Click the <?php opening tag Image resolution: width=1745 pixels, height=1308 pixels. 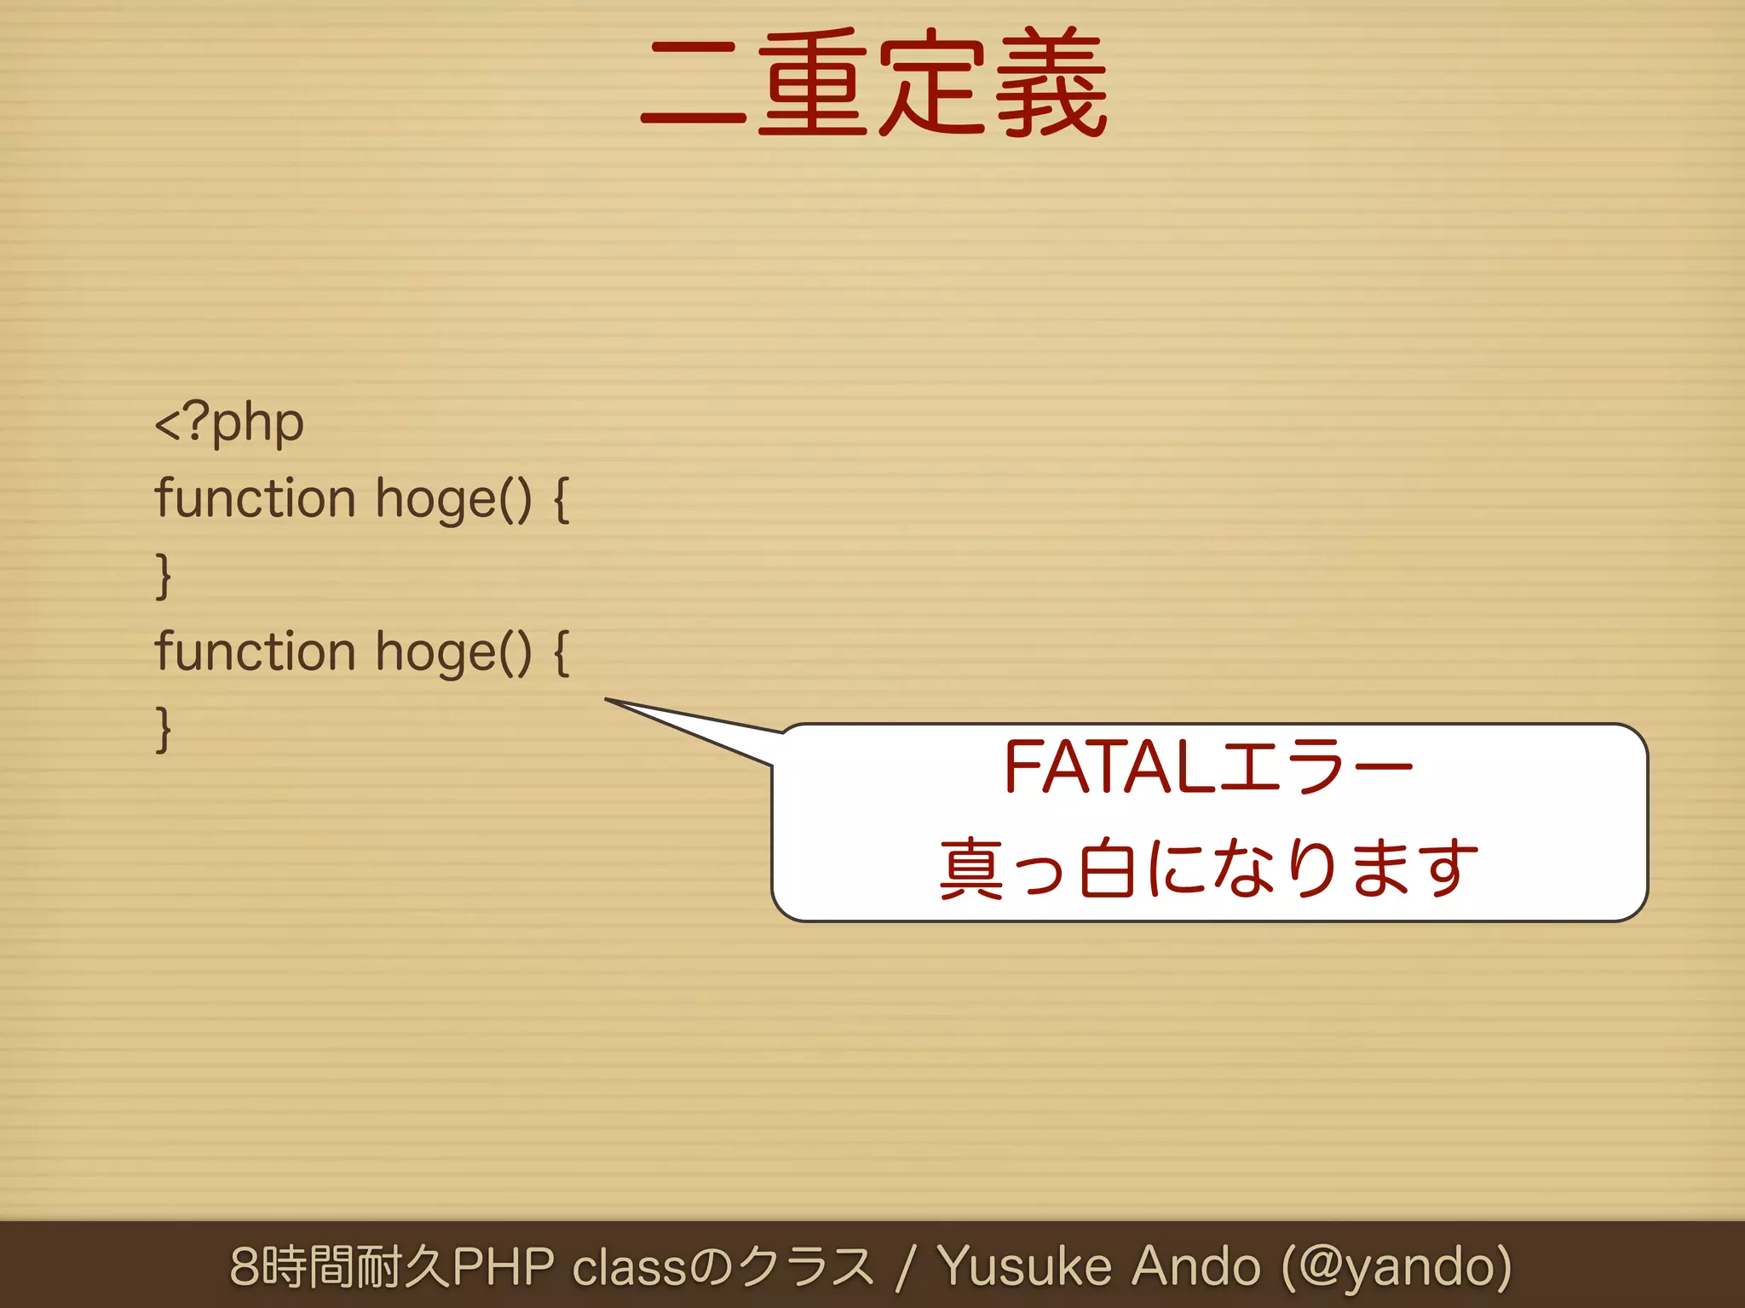(x=228, y=422)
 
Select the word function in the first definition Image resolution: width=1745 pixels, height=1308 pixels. (x=254, y=498)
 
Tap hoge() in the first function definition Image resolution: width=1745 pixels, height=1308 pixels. (x=453, y=500)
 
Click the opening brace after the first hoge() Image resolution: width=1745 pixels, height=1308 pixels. (x=562, y=500)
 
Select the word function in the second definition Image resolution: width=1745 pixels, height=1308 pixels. (x=254, y=651)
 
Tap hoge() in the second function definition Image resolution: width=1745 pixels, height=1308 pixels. (x=453, y=653)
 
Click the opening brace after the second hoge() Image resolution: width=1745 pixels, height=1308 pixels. (x=562, y=653)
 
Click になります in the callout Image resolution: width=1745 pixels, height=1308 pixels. (x=1312, y=869)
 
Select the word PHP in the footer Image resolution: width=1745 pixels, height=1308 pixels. (x=503, y=1266)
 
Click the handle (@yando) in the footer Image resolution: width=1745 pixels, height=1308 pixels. (x=1397, y=1266)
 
